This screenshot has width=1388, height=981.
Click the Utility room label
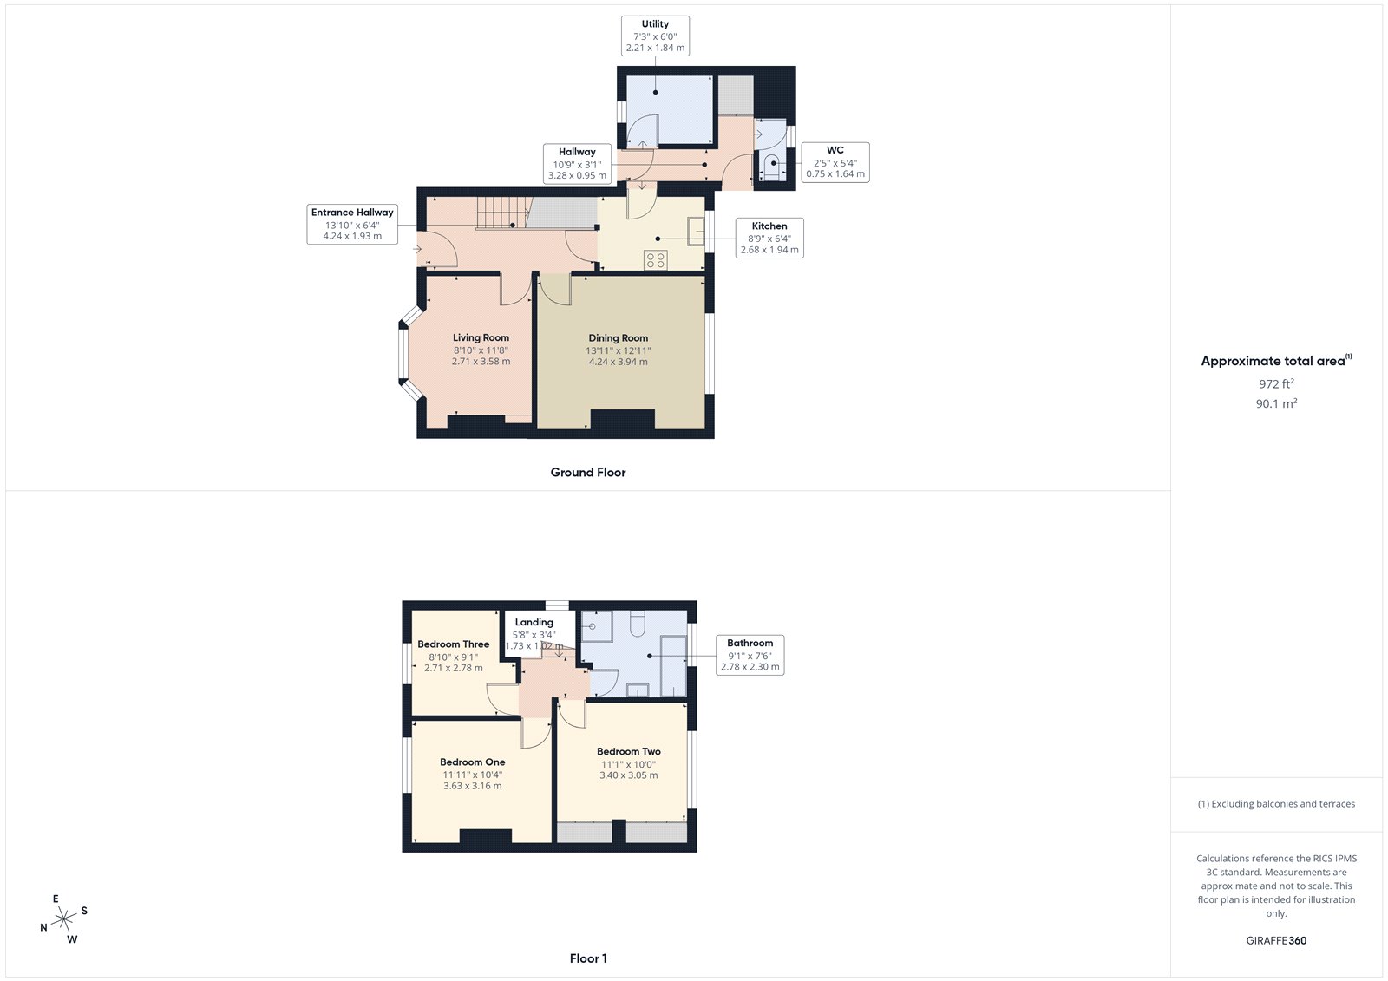[655, 36]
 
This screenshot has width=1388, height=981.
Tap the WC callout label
[835, 162]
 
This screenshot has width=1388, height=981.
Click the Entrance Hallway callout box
[352, 224]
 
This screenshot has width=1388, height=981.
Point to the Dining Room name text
[618, 338]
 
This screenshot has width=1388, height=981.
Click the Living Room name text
[481, 338]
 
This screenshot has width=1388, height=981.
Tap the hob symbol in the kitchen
[656, 259]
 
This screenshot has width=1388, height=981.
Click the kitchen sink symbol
[696, 232]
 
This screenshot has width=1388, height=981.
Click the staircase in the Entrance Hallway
[502, 213]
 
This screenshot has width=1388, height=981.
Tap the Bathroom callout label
[750, 655]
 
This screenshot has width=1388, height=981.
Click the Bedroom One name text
[472, 762]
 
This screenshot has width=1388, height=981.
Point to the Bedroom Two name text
[628, 752]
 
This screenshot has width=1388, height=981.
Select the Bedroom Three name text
[453, 644]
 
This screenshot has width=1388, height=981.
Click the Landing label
[534, 623]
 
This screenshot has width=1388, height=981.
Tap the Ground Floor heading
[587, 473]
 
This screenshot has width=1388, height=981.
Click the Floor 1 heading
[588, 958]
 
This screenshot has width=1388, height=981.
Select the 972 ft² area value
[1276, 383]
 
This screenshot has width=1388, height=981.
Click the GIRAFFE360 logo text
[1276, 940]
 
